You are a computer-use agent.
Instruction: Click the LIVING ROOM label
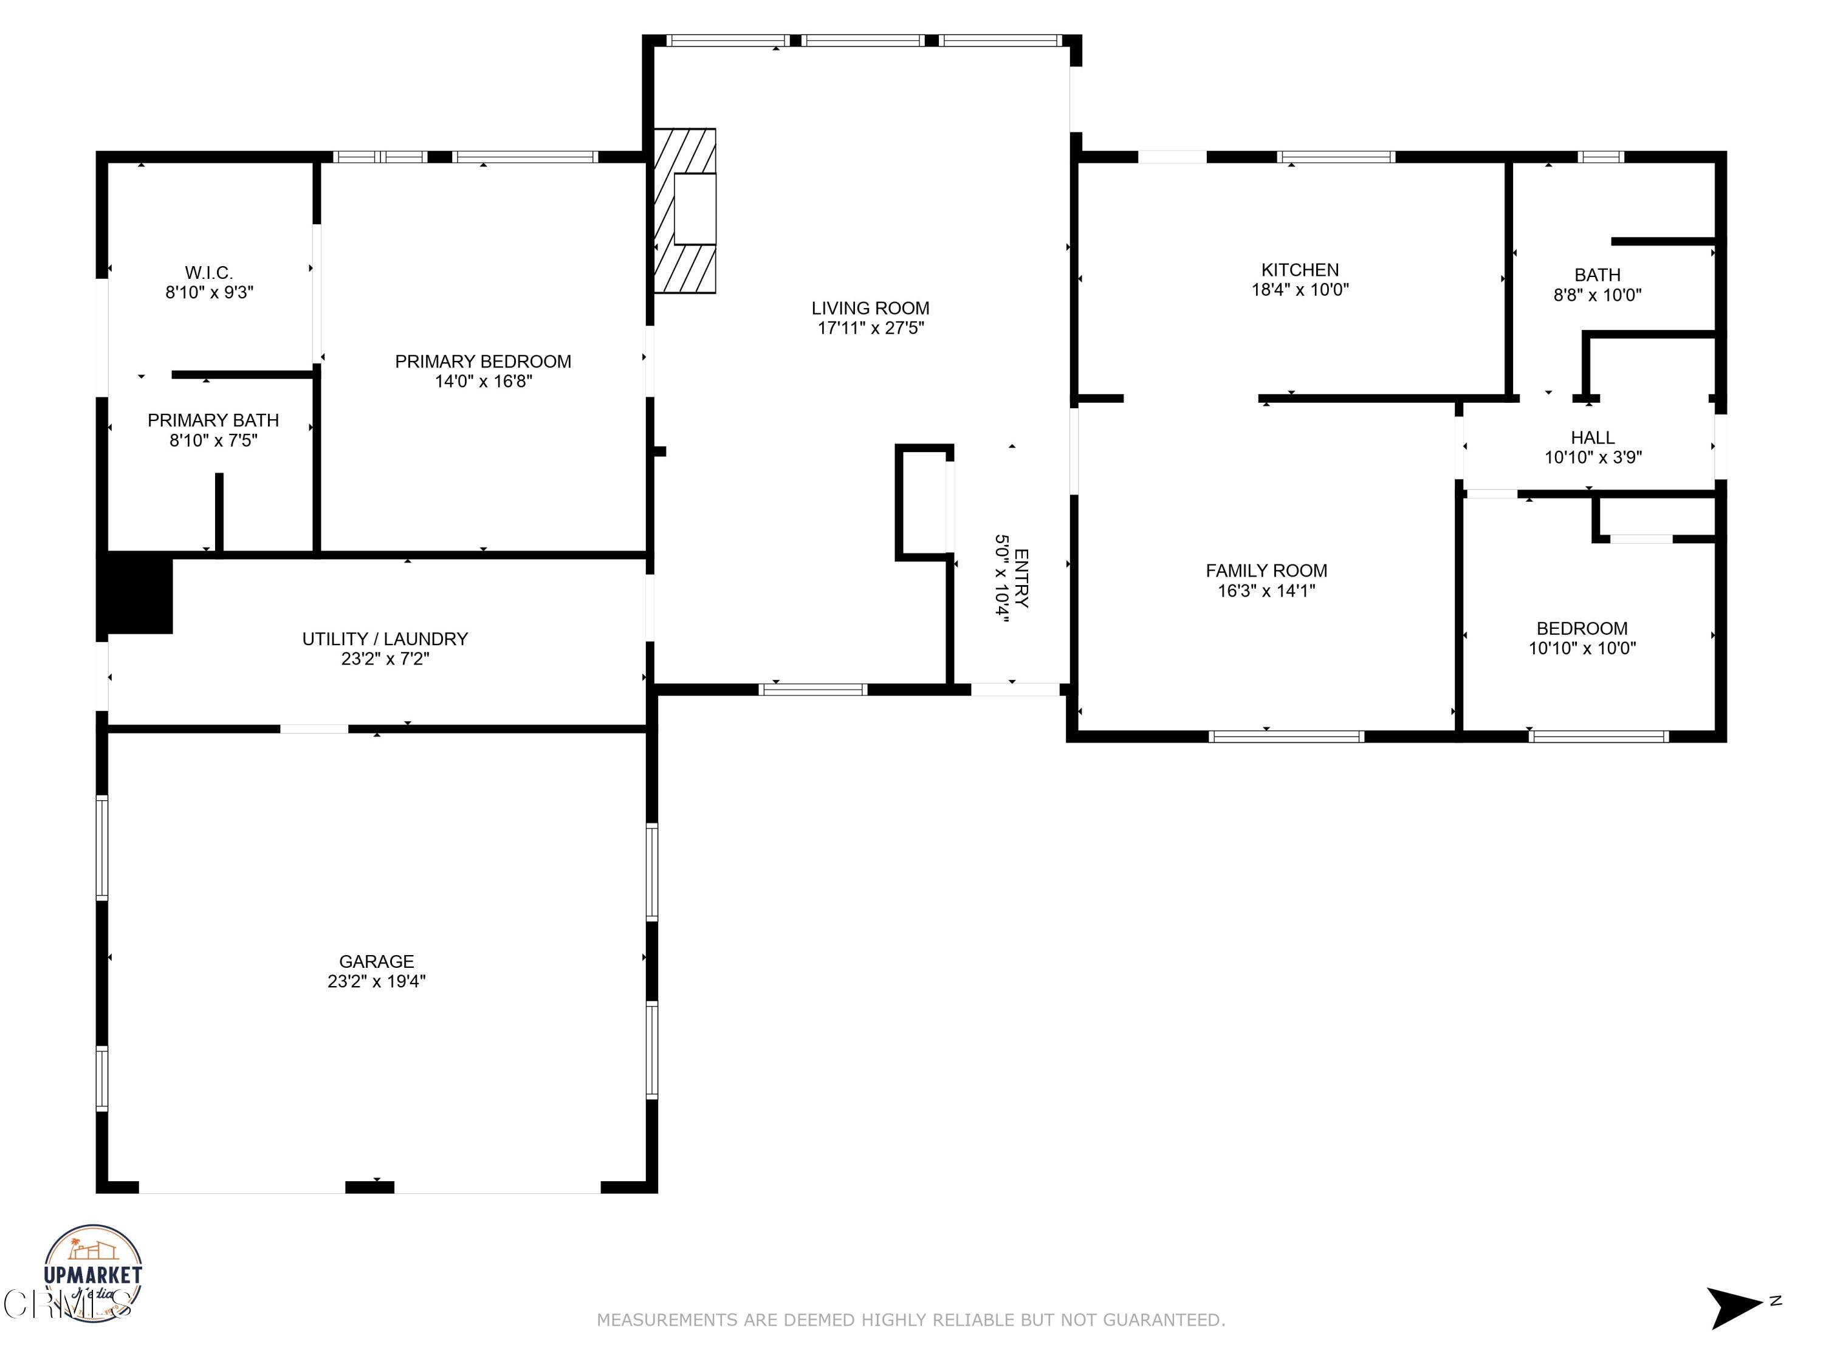tap(870, 308)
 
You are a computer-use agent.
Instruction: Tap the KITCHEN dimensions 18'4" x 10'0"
tap(1300, 289)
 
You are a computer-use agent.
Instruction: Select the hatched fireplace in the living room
tap(684, 211)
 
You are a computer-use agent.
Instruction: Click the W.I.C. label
tap(208, 272)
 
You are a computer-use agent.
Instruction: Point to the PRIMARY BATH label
tap(213, 420)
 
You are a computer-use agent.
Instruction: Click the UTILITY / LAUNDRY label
tap(385, 639)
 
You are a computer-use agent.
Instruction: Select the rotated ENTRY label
tap(1021, 578)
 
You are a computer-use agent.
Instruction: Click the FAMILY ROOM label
tap(1266, 570)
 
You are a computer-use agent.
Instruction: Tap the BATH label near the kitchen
tap(1596, 275)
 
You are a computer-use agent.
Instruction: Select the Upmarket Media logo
tap(92, 1273)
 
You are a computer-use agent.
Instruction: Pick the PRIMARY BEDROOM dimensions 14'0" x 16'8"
tap(483, 381)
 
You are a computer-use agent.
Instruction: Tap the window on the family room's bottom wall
tap(1286, 736)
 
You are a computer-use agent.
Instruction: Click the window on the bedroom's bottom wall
tap(1598, 736)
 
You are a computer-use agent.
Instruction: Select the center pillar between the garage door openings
tap(369, 1187)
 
